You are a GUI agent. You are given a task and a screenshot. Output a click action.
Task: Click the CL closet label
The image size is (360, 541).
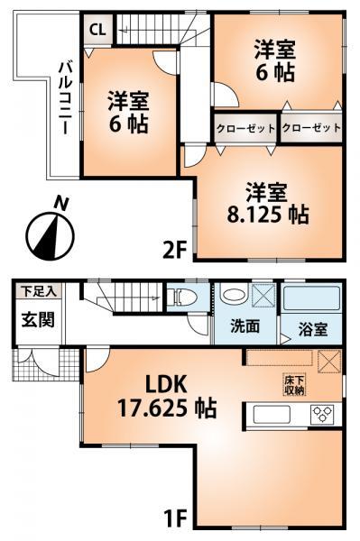pos(95,29)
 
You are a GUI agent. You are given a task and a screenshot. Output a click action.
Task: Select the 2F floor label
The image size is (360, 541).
pos(175,249)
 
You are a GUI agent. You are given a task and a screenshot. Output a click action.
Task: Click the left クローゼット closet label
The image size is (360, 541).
pos(245,128)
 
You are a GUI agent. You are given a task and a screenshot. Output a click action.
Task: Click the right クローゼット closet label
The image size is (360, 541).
pos(312,128)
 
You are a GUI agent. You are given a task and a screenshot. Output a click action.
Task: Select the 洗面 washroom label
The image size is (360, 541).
pos(244,326)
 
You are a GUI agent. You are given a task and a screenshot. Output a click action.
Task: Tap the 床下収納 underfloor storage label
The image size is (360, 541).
pos(294,385)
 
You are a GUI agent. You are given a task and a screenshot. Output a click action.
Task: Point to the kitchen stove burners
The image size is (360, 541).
pos(322,415)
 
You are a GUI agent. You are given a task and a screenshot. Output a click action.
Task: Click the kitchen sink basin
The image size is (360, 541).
pos(270,415)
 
